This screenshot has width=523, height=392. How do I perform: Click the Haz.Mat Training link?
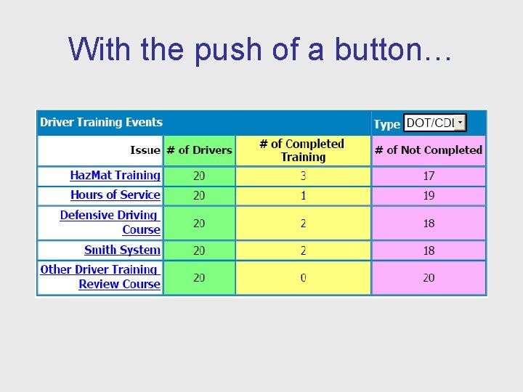click(115, 176)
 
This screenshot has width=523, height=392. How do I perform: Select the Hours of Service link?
click(115, 195)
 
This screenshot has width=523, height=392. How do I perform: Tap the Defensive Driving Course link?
click(110, 222)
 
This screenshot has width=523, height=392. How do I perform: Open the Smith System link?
click(122, 250)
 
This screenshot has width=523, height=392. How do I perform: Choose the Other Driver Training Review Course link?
click(100, 277)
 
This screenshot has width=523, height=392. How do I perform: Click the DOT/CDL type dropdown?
click(434, 123)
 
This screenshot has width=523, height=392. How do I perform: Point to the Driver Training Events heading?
click(101, 123)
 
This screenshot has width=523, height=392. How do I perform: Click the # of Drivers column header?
click(199, 150)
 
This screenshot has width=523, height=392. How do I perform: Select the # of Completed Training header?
click(302, 150)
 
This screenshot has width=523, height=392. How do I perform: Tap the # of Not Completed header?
click(428, 150)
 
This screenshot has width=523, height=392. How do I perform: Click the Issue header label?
click(145, 150)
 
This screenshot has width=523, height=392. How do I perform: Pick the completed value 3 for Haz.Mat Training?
click(303, 176)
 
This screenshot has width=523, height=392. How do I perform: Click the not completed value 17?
click(429, 176)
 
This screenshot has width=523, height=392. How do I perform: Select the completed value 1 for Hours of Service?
click(303, 196)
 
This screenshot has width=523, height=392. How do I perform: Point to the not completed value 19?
click(429, 196)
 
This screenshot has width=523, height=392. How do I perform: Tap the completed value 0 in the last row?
click(303, 278)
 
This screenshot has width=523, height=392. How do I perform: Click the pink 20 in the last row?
click(429, 278)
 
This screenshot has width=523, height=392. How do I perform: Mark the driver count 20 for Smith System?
click(199, 250)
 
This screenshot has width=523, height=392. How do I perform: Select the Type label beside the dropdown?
click(386, 124)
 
